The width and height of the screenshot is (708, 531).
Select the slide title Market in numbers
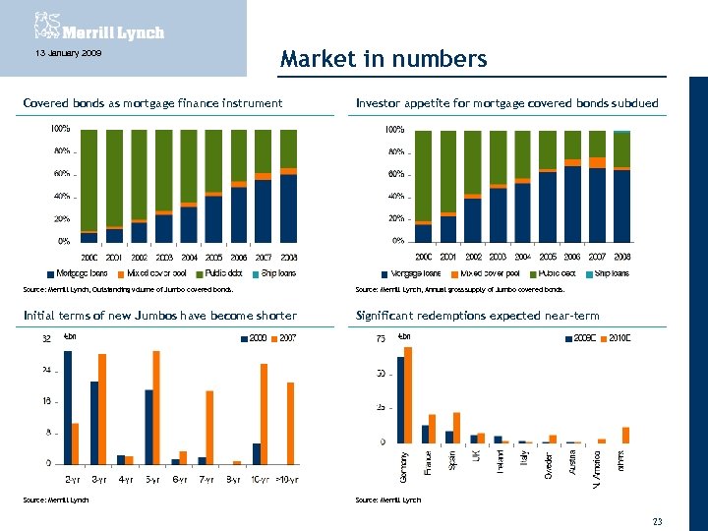pos(383,59)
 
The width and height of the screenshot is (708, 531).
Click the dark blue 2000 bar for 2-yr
pos(67,406)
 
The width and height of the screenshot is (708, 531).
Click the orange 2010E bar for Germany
pos(408,394)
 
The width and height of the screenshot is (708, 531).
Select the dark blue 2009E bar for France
pos(425,434)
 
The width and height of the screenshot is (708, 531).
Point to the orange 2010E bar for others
pos(625,435)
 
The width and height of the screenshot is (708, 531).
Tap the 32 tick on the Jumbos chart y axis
pos(46,340)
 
